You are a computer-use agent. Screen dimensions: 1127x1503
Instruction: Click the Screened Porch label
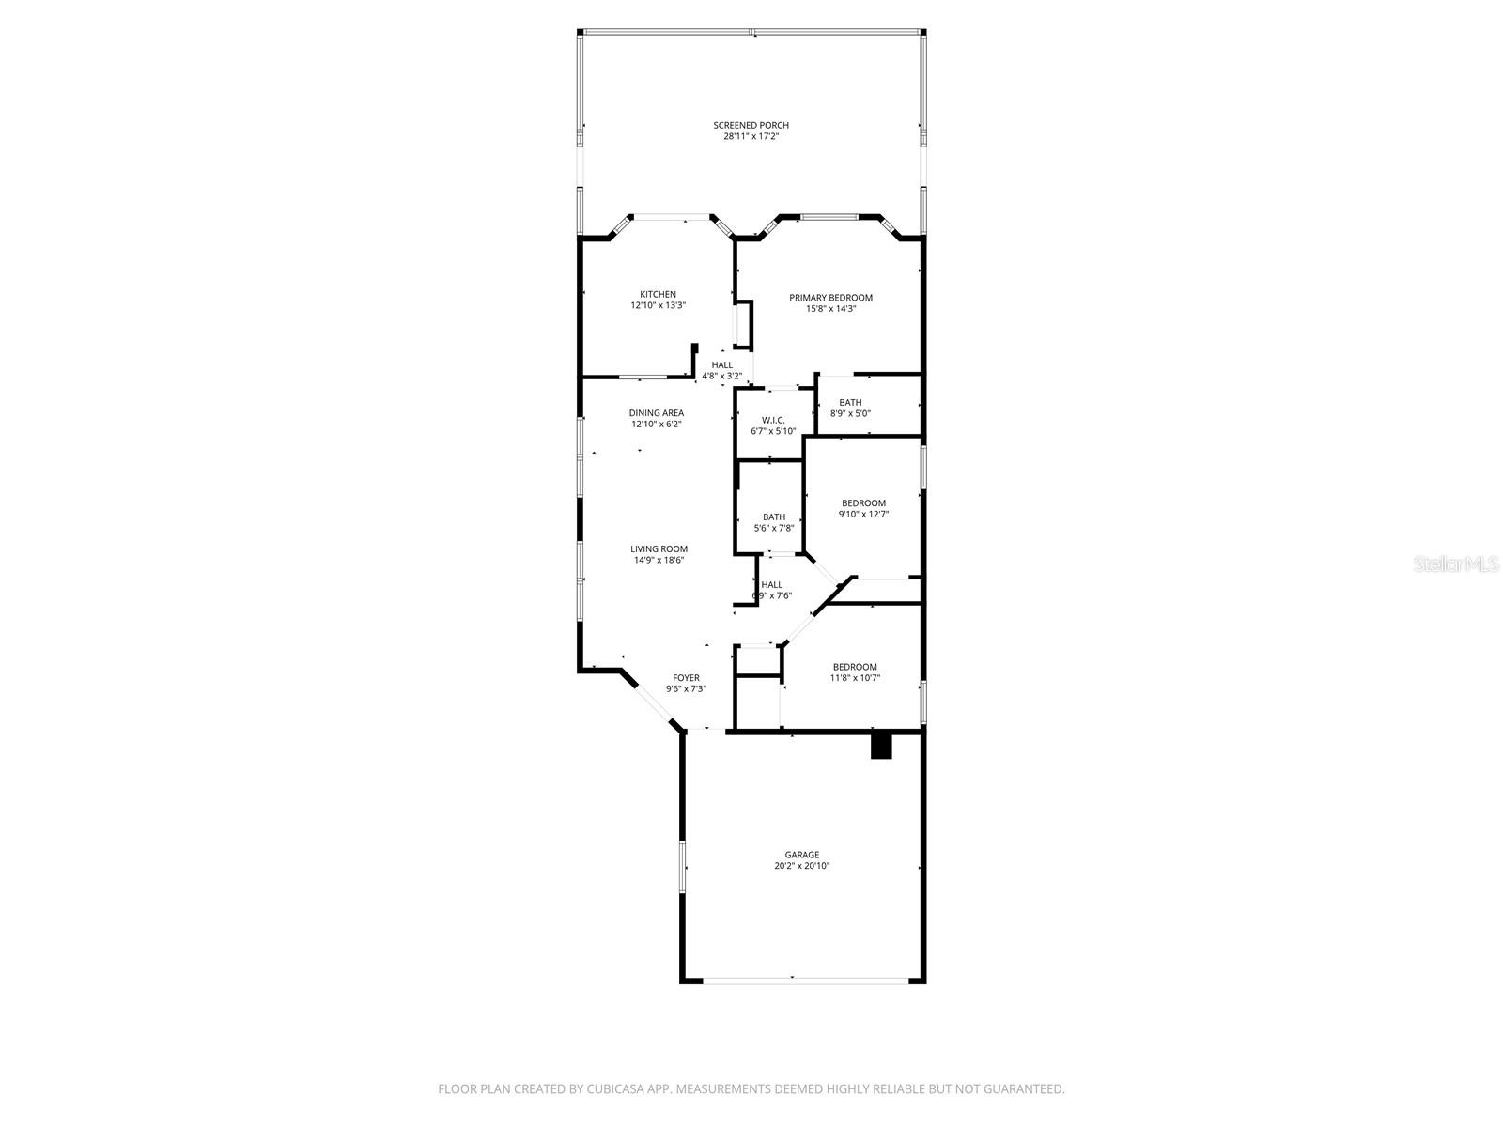point(751,125)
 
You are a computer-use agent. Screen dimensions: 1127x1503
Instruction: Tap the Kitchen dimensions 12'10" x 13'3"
point(658,305)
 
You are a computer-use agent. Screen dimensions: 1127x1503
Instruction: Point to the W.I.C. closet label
point(773,420)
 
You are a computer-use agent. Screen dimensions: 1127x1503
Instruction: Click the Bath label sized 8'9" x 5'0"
point(850,403)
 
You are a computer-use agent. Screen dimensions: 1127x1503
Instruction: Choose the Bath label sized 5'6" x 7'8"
point(774,517)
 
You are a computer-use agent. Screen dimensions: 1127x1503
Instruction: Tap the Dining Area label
point(657,413)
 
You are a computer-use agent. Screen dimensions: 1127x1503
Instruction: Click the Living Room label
point(659,549)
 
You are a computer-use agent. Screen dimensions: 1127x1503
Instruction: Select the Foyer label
point(686,678)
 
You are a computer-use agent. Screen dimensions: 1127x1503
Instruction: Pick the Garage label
point(801,855)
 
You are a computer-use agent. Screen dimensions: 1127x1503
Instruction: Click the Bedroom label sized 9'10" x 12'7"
point(863,503)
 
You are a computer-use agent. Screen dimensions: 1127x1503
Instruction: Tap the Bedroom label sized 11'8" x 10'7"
point(854,667)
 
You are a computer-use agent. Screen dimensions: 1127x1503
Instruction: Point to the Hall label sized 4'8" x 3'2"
point(721,365)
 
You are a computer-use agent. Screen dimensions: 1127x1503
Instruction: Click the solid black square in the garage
point(881,746)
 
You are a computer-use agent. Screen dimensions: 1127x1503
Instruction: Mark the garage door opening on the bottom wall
point(806,980)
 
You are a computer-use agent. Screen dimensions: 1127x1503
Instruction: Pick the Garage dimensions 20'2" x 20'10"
point(801,866)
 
